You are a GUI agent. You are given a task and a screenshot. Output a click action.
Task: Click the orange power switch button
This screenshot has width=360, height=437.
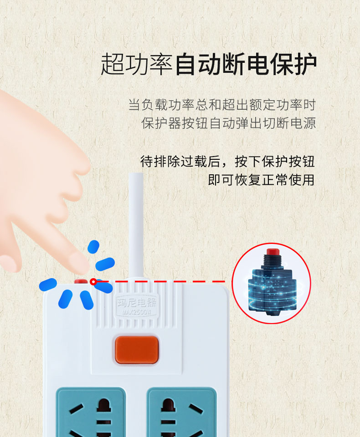click(137, 350)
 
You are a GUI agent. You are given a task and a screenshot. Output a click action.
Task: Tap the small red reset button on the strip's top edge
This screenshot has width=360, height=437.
click(81, 281)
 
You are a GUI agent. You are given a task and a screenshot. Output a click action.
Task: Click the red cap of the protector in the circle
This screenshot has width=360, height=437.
click(273, 252)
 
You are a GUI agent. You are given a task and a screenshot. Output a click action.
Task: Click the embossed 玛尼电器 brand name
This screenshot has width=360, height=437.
click(137, 302)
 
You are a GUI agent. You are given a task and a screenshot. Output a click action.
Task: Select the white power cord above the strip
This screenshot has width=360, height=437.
click(136, 226)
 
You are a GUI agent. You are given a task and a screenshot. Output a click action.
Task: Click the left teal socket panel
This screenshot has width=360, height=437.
click(91, 412)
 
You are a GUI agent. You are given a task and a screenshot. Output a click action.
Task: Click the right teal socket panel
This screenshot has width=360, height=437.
click(182, 412)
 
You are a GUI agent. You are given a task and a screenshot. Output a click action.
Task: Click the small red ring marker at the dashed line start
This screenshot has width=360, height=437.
click(93, 282)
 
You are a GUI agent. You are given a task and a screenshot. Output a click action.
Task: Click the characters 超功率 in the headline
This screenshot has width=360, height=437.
click(136, 64)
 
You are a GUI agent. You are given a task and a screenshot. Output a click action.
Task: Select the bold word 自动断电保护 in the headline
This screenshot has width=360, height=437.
click(246, 64)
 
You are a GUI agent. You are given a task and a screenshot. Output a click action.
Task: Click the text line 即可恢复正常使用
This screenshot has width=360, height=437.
click(261, 180)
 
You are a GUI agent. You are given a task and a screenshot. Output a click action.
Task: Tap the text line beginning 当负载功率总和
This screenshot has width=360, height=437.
click(222, 105)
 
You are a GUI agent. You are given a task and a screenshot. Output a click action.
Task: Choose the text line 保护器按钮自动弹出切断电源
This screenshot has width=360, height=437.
click(229, 123)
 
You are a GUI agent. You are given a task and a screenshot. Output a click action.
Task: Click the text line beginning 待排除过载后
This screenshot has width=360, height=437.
click(227, 162)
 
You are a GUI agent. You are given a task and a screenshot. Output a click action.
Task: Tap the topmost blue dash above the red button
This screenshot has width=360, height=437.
click(93, 247)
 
